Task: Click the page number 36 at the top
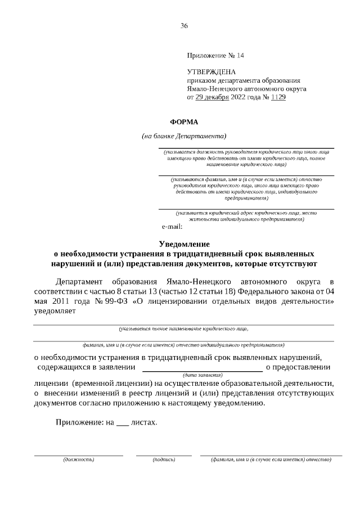(184, 26)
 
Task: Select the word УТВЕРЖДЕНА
(211, 72)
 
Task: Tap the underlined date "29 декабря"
(212, 97)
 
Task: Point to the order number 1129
(278, 97)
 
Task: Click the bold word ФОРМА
(184, 121)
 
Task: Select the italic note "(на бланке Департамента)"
(184, 136)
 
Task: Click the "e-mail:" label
(172, 227)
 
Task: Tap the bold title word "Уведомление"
(184, 244)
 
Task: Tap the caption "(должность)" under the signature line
(79, 460)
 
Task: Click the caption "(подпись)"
(164, 460)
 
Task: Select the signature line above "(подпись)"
(164, 455)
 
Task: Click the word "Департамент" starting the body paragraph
(79, 281)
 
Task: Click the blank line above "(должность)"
(79, 455)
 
